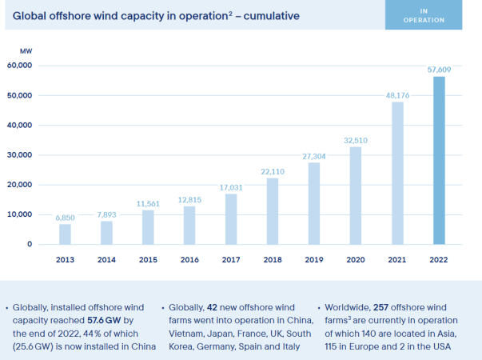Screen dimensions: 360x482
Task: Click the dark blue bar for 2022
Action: tap(439, 160)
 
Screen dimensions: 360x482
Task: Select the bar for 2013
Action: tap(65, 234)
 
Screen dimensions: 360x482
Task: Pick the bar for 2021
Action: tap(397, 172)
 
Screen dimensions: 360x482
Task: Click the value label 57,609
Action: tap(439, 70)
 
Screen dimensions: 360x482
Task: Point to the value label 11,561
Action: tap(148, 204)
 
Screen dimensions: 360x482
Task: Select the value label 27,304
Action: tap(314, 157)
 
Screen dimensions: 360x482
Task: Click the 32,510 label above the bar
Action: tap(356, 141)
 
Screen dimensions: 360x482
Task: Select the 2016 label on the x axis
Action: tap(189, 260)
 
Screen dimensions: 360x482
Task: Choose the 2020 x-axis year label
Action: tap(356, 260)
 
